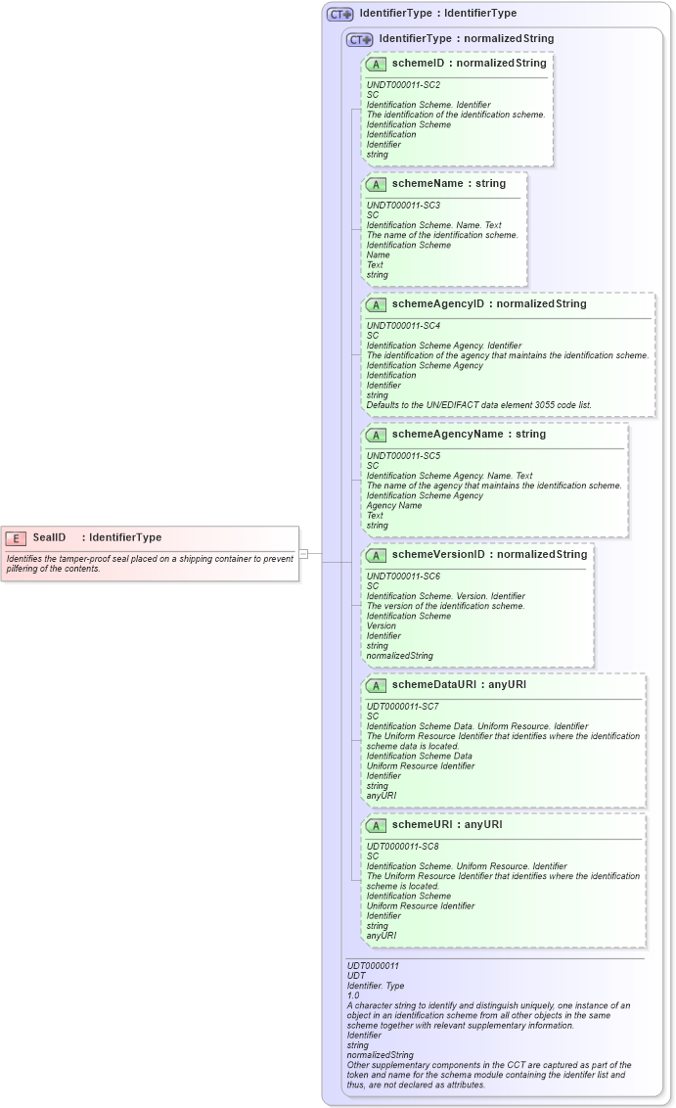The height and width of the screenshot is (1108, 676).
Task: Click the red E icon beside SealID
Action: [16, 537]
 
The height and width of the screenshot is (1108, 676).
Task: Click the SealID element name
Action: [49, 537]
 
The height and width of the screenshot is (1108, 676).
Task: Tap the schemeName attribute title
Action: [449, 183]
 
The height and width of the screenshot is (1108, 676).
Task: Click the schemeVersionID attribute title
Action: [489, 554]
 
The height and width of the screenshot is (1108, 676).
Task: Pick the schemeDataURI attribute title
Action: [459, 684]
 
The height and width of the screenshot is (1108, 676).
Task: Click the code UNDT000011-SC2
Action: [403, 85]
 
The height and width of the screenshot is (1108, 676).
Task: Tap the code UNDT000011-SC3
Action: [403, 206]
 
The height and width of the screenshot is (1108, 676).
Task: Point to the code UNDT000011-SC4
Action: [403, 326]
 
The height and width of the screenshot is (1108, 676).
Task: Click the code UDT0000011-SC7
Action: [403, 706]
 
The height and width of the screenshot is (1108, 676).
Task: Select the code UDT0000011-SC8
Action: [403, 846]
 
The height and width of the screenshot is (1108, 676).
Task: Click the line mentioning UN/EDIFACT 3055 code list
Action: [478, 405]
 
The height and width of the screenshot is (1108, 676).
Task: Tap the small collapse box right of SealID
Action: [303, 554]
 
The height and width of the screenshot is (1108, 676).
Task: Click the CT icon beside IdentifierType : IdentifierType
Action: [339, 15]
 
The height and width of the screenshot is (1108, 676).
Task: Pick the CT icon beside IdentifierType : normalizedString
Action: [359, 40]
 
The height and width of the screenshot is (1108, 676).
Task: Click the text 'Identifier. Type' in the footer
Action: [376, 986]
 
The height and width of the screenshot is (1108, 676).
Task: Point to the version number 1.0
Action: [353, 995]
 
